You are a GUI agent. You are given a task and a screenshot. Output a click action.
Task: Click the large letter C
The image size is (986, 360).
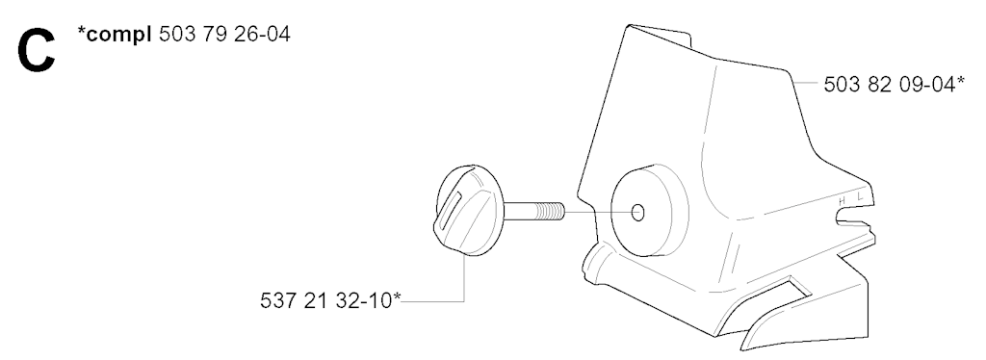[x=37, y=51]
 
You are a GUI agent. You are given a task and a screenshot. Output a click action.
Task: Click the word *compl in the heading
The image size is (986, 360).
[x=115, y=36]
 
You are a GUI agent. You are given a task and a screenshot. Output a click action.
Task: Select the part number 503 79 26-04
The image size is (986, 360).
[x=224, y=34]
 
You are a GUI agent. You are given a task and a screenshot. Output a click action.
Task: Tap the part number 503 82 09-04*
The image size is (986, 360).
[x=895, y=84]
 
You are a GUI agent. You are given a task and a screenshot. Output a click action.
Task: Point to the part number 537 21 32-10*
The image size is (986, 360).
[x=330, y=300]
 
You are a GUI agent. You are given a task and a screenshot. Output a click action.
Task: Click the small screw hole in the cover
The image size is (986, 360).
[x=637, y=213]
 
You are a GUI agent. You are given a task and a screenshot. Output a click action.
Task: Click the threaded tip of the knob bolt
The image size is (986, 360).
[x=552, y=211]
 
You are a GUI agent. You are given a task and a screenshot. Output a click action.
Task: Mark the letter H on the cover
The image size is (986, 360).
[x=843, y=201]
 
